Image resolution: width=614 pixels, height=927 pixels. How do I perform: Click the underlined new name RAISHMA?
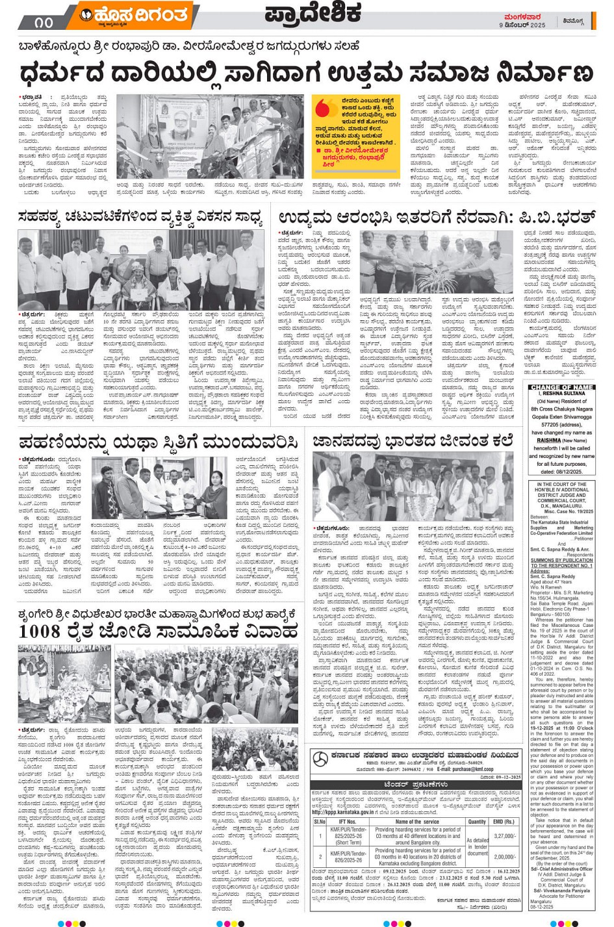548,440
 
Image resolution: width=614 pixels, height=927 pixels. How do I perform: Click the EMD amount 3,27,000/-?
504,836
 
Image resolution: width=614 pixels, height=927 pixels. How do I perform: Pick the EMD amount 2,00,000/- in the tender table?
504,857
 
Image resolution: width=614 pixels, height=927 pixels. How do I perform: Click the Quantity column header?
477,822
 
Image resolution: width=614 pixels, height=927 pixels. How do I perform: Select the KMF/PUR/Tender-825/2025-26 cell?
347,836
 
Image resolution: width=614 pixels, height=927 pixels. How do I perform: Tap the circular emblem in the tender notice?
320,759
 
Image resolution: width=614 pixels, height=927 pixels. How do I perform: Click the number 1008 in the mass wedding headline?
40,631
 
